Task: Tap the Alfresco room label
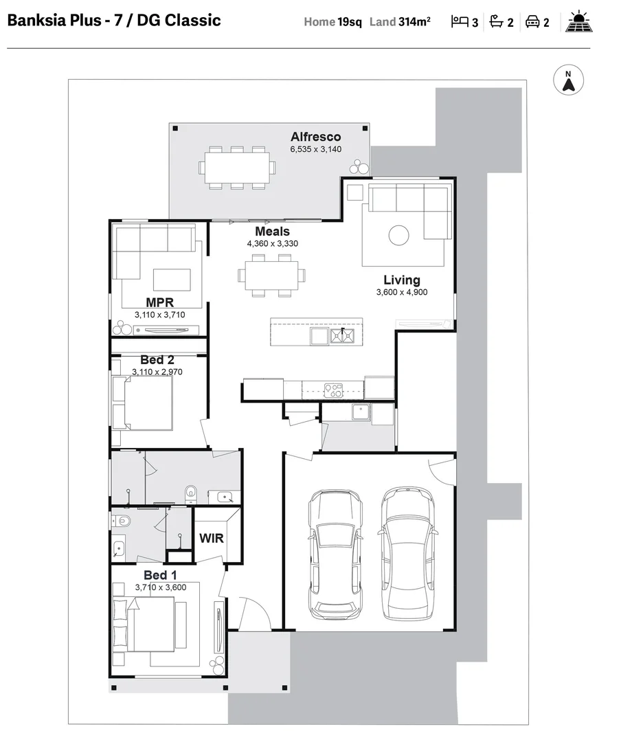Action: tap(315, 137)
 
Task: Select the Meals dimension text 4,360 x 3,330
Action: tap(273, 243)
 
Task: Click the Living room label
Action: tap(402, 280)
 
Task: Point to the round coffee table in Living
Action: tap(399, 236)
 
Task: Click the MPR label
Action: tap(159, 302)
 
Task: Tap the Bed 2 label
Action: tap(157, 360)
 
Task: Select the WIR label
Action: tap(212, 538)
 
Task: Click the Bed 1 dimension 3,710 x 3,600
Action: tap(160, 587)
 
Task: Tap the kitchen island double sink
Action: tap(341, 336)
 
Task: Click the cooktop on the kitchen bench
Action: tap(333, 390)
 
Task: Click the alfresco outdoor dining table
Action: tap(236, 167)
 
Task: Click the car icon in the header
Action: tap(532, 22)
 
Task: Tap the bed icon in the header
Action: tap(459, 22)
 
